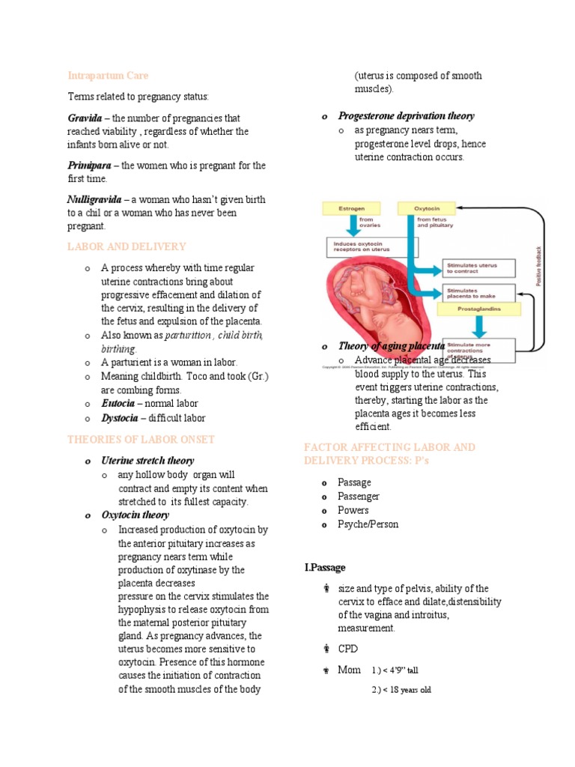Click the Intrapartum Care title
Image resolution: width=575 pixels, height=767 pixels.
108,76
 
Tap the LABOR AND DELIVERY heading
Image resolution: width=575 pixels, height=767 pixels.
127,246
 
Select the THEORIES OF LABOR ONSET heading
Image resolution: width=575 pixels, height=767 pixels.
141,440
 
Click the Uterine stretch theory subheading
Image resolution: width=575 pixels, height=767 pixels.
147,461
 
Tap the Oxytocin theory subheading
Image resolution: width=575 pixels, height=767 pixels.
136,515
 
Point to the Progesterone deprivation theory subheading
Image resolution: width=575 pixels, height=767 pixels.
406,116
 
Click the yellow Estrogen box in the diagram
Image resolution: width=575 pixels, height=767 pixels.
350,207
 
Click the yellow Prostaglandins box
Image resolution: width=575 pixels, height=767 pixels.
480,309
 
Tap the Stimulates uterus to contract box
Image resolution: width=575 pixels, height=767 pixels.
480,267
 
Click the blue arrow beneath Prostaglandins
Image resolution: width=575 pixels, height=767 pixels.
480,326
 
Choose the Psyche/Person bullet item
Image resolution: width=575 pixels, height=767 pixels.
368,524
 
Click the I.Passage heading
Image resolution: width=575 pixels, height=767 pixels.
325,568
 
